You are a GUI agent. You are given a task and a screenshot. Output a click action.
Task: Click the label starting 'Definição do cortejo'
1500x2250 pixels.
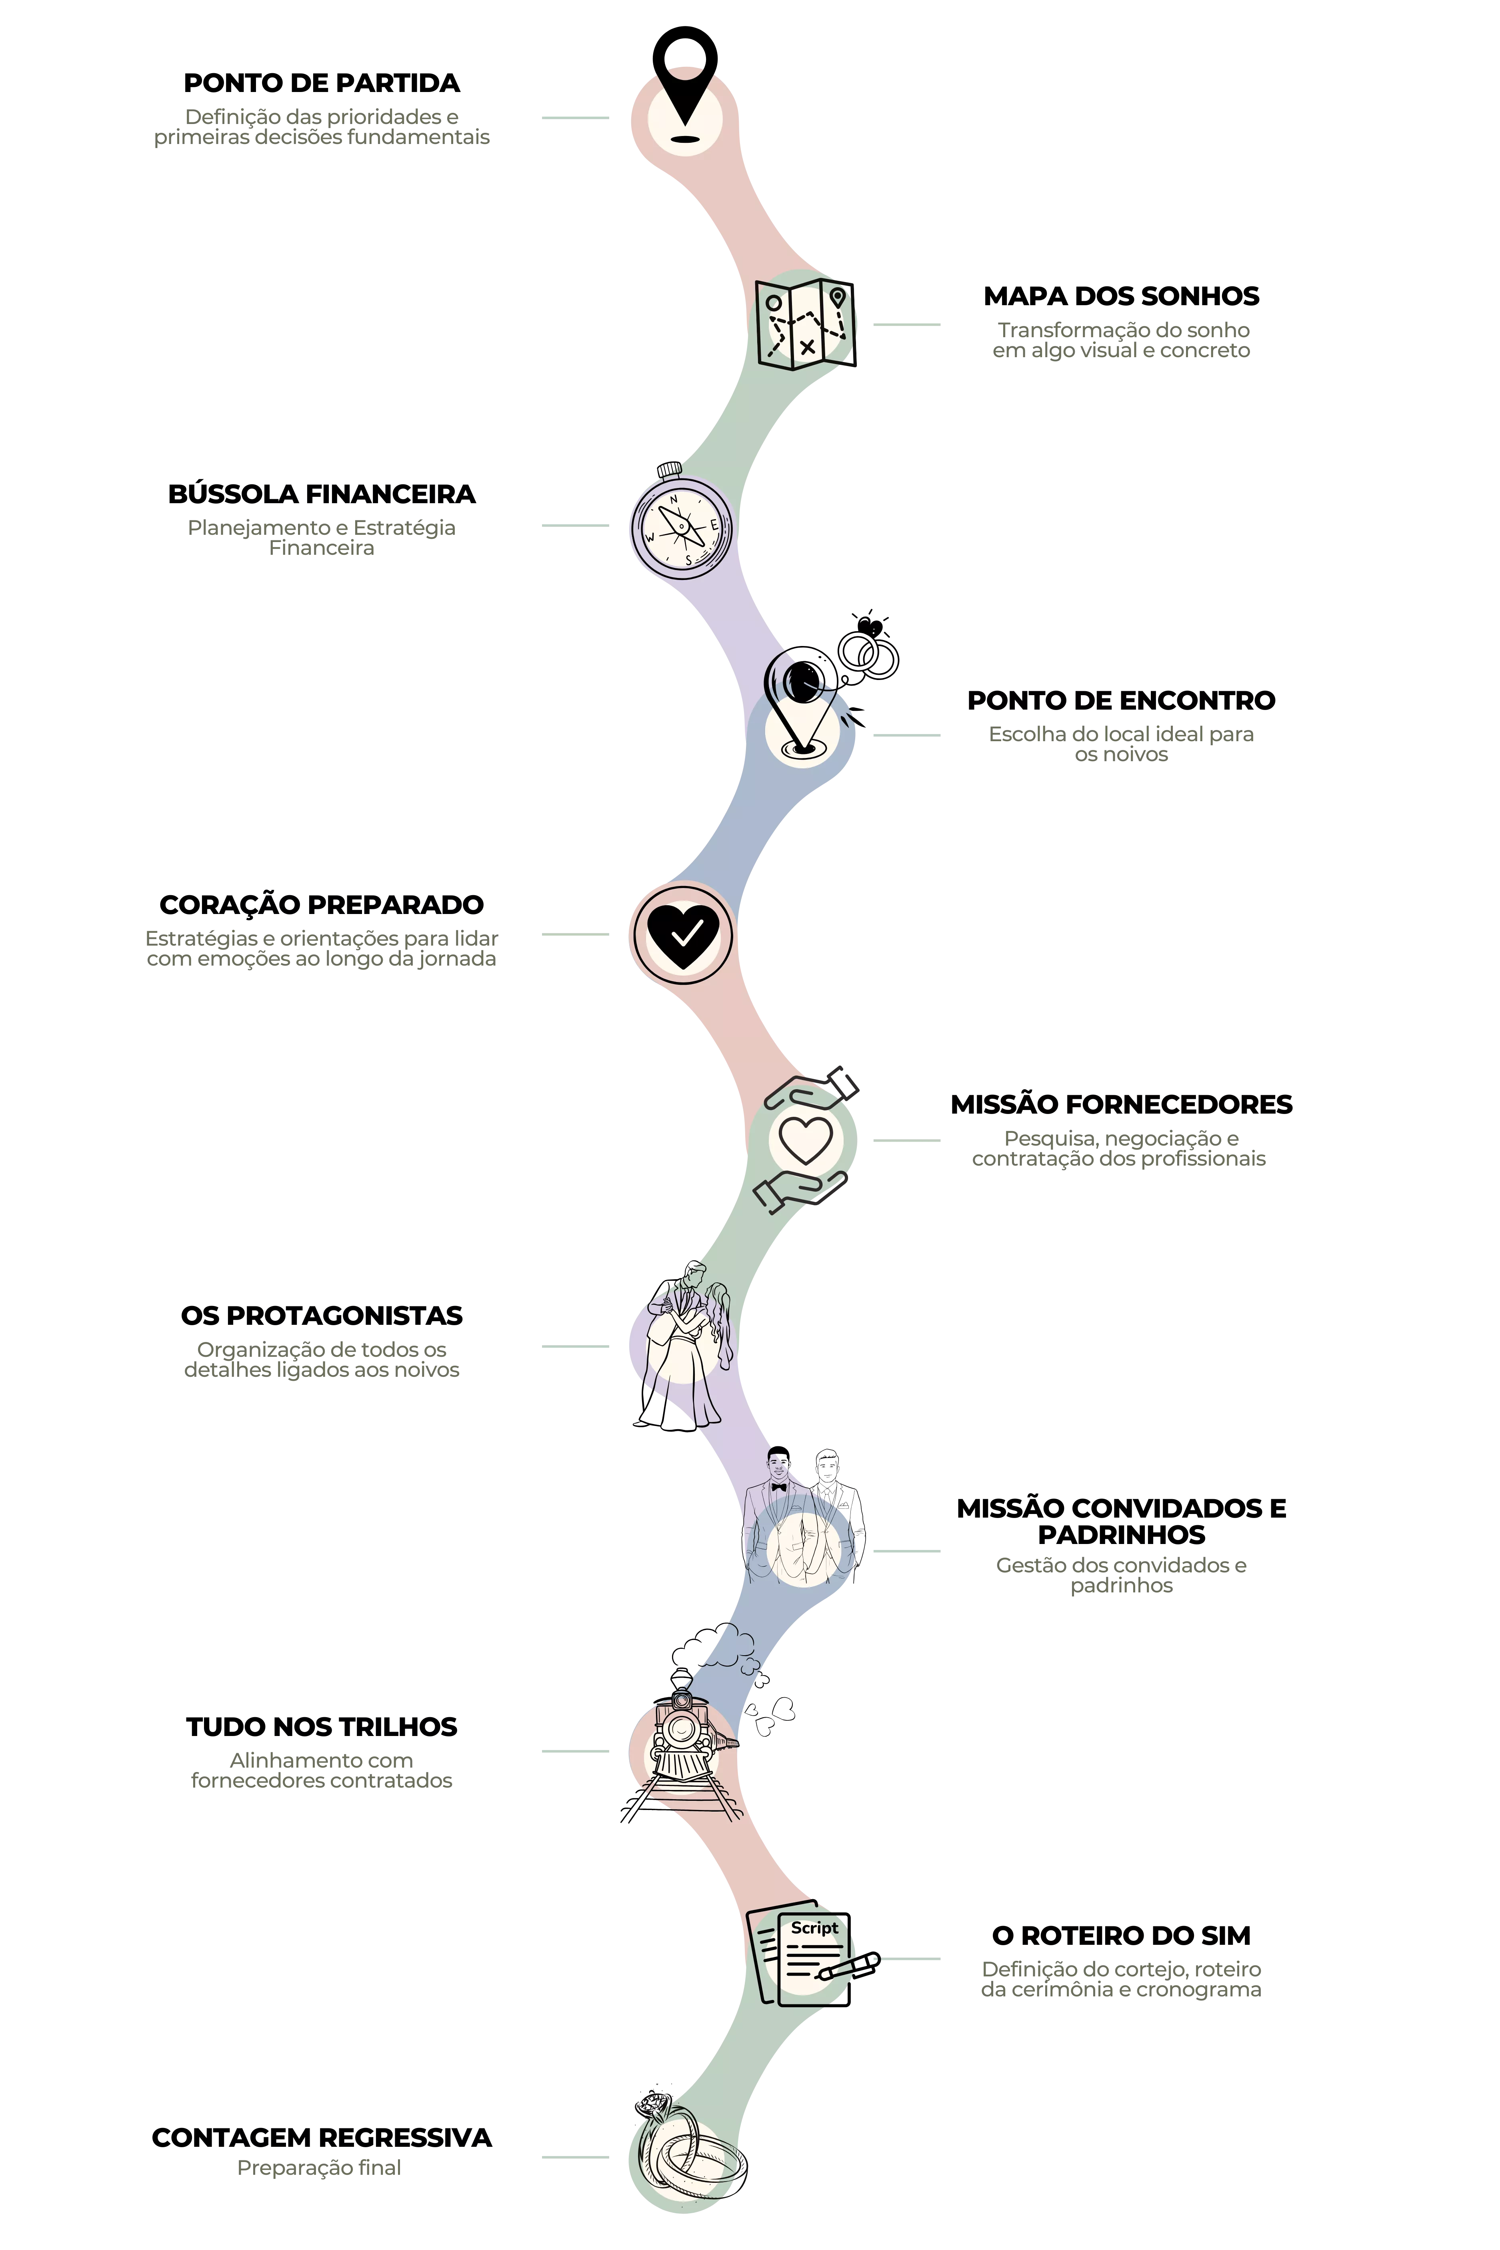(1121, 1979)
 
